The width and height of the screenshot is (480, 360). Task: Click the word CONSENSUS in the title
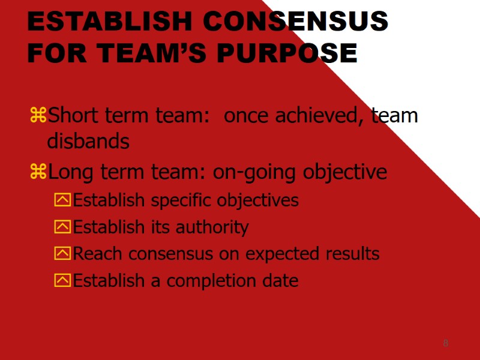point(295,22)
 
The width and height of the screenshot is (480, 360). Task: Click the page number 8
point(445,343)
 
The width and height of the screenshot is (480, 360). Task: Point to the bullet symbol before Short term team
point(38,115)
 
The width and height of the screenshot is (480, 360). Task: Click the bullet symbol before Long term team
point(38,173)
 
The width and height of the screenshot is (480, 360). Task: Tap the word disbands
point(88,142)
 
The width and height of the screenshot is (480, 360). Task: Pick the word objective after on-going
point(345,173)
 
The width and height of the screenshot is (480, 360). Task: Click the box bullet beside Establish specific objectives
point(62,200)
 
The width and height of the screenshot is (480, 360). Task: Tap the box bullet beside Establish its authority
point(62,227)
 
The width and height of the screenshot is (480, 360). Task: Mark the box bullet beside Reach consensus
point(62,254)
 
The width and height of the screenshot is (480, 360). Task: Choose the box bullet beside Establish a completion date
point(62,280)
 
